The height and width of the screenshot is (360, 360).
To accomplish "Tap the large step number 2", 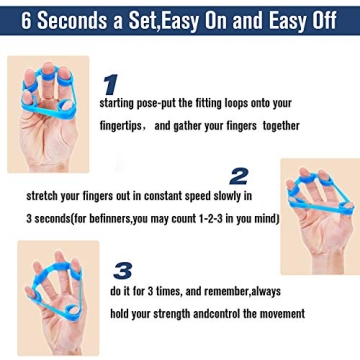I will (x=238, y=176).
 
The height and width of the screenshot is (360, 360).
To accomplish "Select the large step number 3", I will (x=122, y=270).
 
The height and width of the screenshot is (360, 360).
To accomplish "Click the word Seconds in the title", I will (x=74, y=18).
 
